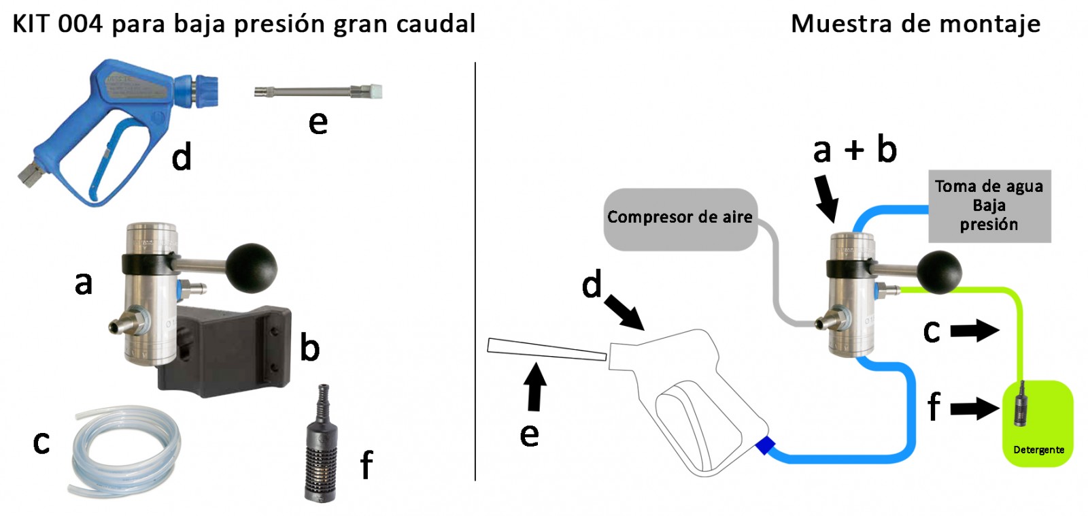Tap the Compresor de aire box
[x=680, y=218]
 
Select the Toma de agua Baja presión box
[x=989, y=206]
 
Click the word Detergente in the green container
[x=1038, y=450]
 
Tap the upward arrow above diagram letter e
[x=536, y=387]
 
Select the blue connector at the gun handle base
[x=765, y=446]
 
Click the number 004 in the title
[x=80, y=24]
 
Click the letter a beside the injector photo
[x=83, y=283]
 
